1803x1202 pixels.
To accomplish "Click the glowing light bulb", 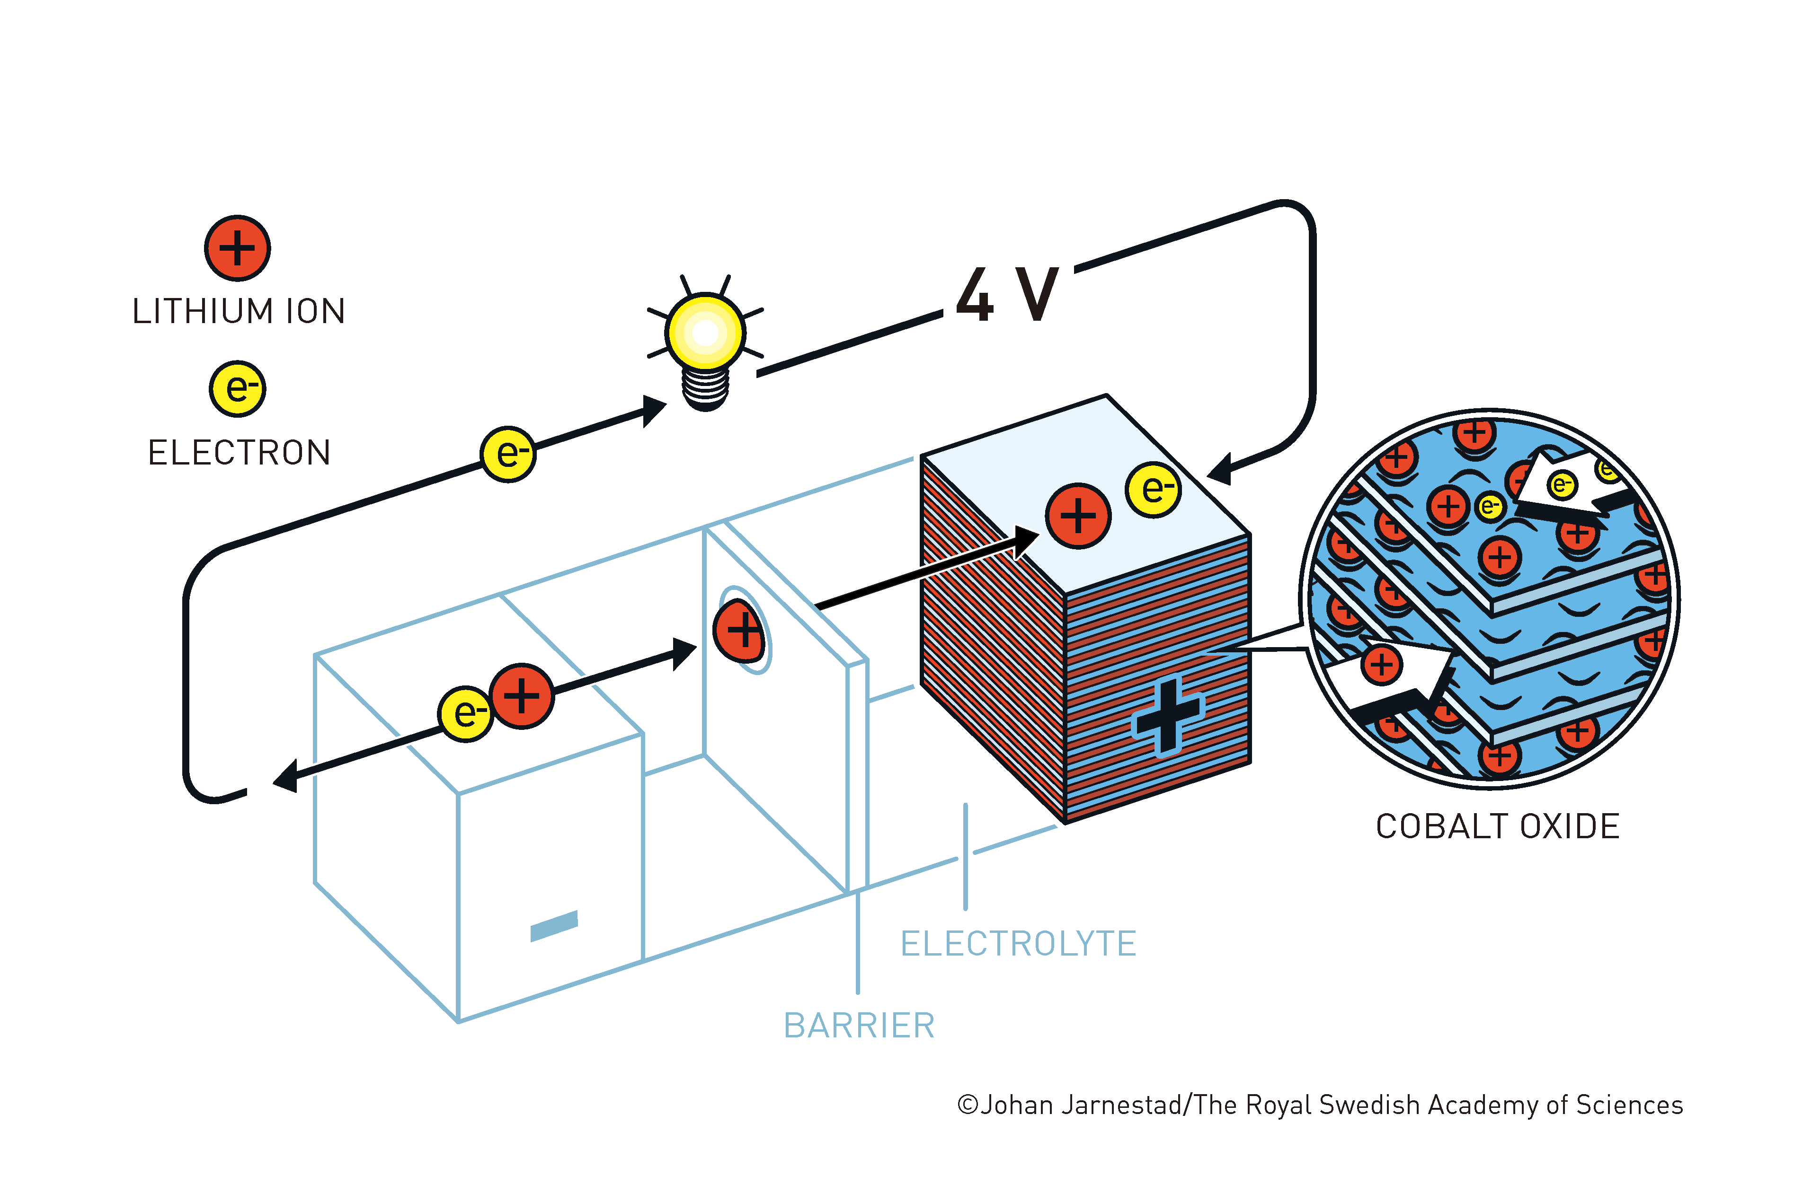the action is tap(705, 341).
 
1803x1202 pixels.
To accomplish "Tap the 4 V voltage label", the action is tap(1007, 294).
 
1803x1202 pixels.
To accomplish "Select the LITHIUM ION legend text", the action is tap(239, 311).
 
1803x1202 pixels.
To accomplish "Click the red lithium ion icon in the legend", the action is tap(237, 248).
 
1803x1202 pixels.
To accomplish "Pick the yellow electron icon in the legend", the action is tap(238, 389).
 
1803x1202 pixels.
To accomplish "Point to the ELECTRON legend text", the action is tap(239, 452).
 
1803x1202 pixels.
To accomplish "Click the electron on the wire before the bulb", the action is tap(508, 454).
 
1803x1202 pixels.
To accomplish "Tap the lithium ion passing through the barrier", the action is tap(739, 630).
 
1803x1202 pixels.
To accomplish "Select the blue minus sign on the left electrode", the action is tap(554, 925).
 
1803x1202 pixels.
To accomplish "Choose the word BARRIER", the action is tap(859, 1026).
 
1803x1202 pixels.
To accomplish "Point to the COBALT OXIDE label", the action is tap(1498, 826).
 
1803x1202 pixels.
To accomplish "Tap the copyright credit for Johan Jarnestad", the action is tap(1320, 1105).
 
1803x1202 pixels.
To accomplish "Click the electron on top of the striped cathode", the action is tap(1154, 489).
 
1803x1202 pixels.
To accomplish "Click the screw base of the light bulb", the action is tap(706, 389).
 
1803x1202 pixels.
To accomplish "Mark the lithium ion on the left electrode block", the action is tap(522, 696).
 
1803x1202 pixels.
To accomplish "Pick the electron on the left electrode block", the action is tap(465, 714).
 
